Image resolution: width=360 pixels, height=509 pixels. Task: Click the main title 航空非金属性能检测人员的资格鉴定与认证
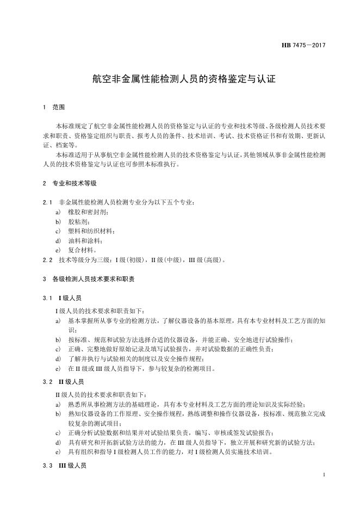(x=179, y=79)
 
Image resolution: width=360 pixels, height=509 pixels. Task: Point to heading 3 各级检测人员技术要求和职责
(x=88, y=279)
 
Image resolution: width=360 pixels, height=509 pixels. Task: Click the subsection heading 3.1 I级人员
(x=62, y=298)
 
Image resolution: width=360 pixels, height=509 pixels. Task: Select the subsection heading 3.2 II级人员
(x=63, y=382)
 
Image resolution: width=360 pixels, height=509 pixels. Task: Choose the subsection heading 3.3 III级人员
(x=64, y=465)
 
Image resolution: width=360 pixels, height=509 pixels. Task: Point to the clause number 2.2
(x=46, y=260)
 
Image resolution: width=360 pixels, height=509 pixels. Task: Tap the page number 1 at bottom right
(x=324, y=475)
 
